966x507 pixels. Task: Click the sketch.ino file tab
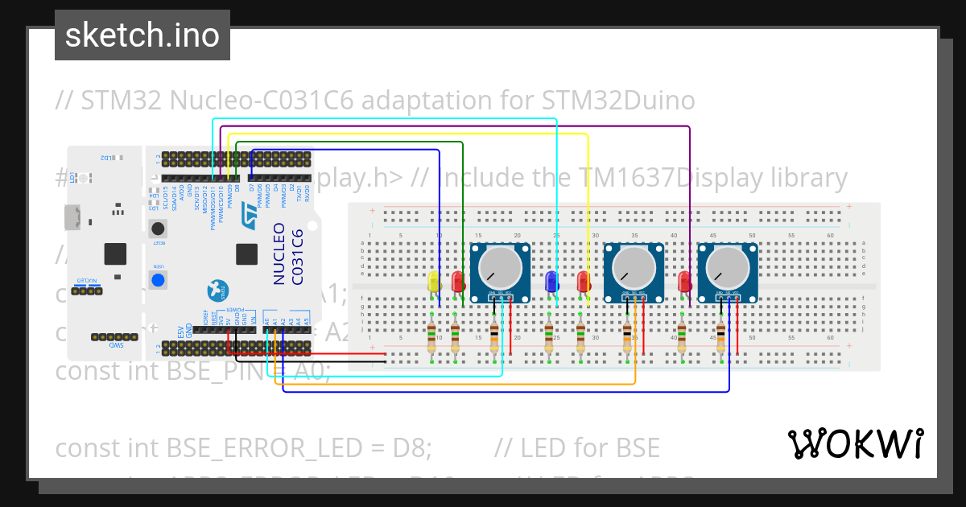[x=142, y=35]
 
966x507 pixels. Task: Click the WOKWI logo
[x=855, y=443]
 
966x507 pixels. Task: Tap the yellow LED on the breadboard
[x=434, y=282]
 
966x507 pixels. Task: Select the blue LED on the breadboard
[x=551, y=282]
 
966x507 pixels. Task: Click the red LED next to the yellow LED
[x=458, y=282]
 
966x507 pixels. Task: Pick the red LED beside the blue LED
[x=584, y=282]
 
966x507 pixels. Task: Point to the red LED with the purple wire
[x=685, y=282]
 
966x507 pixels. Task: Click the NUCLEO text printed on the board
[x=279, y=253]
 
